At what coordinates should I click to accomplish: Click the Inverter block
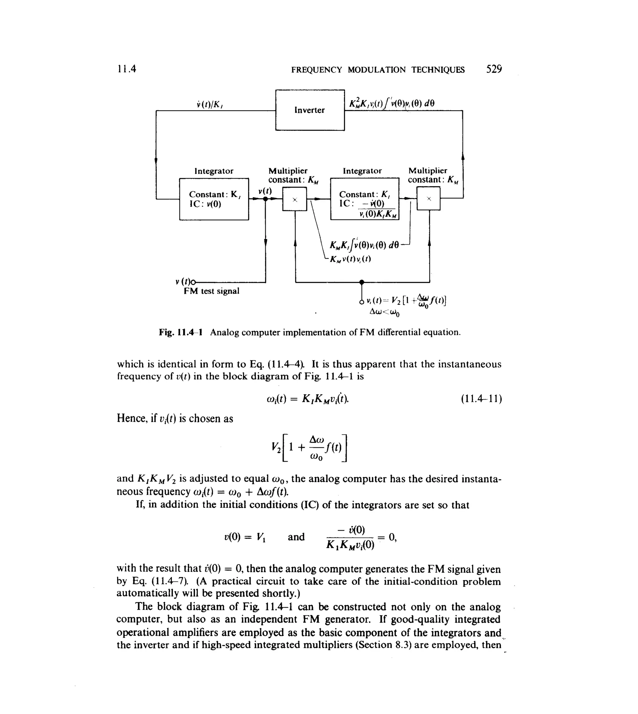click(310, 110)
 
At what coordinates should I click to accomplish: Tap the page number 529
click(494, 69)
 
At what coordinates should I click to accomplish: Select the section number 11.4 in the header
click(126, 69)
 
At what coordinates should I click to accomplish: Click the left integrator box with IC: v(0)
click(214, 199)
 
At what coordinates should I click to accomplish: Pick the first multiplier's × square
click(294, 199)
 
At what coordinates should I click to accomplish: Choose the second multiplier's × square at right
click(428, 199)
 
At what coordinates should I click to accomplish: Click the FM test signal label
click(212, 291)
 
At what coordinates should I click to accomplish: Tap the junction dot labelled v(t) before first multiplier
click(265, 199)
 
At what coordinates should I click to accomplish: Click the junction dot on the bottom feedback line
click(362, 282)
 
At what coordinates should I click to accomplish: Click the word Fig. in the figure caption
click(167, 332)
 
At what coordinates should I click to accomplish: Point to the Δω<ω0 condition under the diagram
click(384, 312)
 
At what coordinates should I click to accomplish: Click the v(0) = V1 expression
click(245, 537)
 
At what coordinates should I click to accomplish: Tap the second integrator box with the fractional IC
click(364, 199)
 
